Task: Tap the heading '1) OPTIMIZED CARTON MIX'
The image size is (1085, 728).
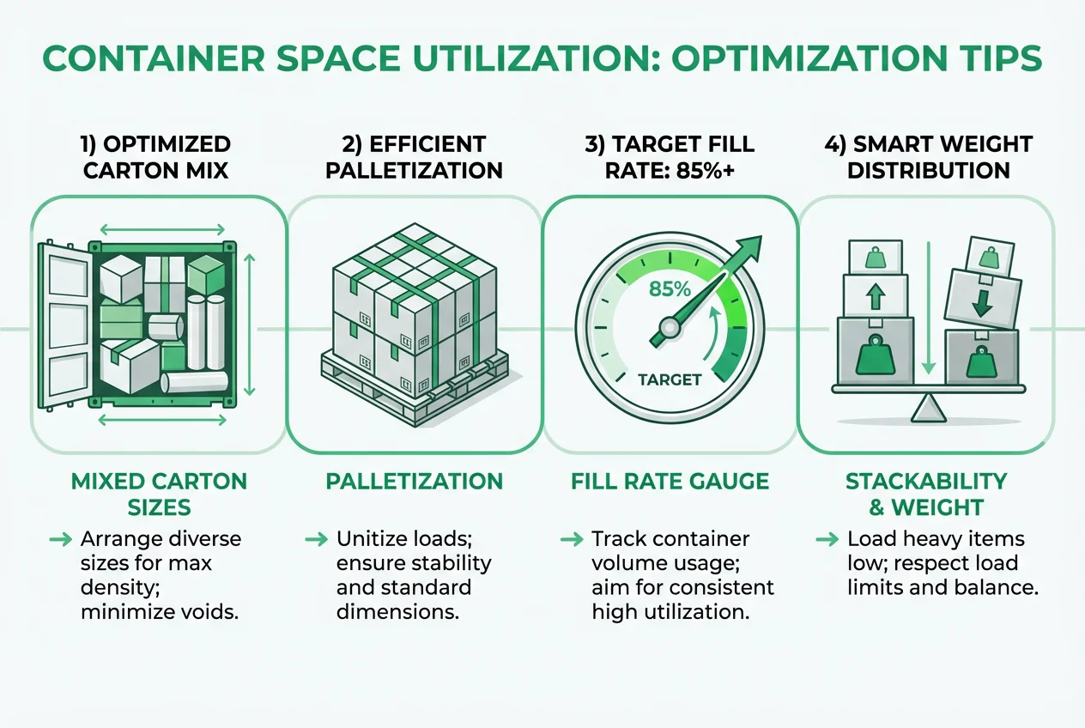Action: point(157,156)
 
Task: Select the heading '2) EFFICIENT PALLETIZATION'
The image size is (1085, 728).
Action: point(414,156)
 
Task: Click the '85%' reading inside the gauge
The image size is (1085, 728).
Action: point(670,289)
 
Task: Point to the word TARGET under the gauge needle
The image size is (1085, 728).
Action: point(670,379)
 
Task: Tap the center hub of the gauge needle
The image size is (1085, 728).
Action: point(670,328)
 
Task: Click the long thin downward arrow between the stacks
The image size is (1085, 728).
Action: point(928,309)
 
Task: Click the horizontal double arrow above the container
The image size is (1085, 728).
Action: point(163,229)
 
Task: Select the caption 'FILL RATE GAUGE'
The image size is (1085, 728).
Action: point(670,481)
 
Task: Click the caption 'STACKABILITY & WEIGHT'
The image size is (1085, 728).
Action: point(925,494)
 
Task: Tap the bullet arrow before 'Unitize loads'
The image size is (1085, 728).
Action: point(316,539)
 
